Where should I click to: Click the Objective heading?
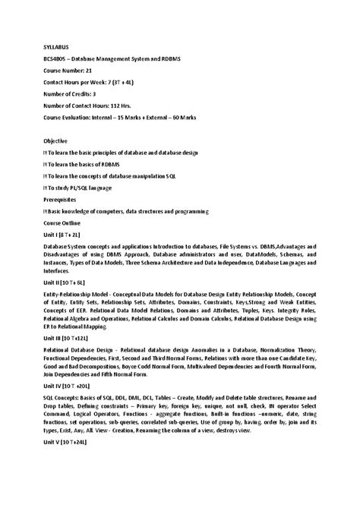(55, 140)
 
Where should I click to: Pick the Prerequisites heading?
(60, 199)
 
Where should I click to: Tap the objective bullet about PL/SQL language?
(79, 188)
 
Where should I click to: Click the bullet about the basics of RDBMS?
(78, 164)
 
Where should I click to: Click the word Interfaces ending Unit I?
(56, 270)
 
